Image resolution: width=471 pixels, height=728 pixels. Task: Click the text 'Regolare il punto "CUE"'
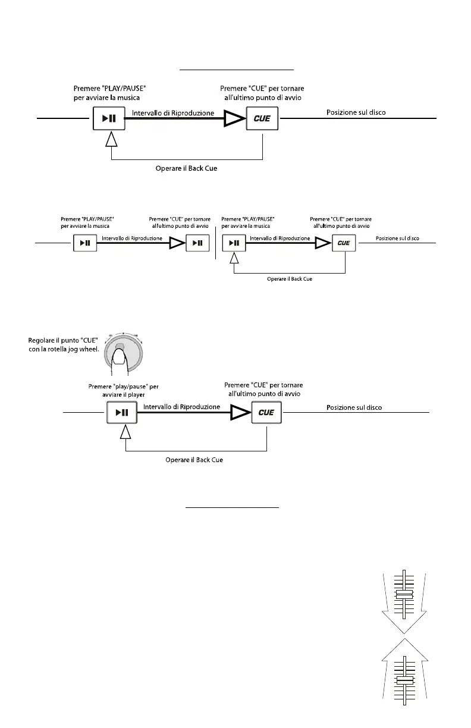[63, 340]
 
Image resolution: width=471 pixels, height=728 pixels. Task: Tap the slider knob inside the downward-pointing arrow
[404, 595]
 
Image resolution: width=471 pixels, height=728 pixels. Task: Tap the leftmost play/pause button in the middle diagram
[86, 243]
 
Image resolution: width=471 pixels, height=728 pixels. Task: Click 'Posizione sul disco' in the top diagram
[356, 112]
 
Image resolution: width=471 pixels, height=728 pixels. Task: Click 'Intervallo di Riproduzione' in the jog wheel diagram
[182, 407]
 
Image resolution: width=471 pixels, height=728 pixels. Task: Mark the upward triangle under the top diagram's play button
[110, 140]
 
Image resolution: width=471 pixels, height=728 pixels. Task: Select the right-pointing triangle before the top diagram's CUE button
[233, 119]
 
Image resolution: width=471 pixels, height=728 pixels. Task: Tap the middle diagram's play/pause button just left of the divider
[197, 243]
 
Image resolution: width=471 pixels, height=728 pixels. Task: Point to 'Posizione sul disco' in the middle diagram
[397, 239]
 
